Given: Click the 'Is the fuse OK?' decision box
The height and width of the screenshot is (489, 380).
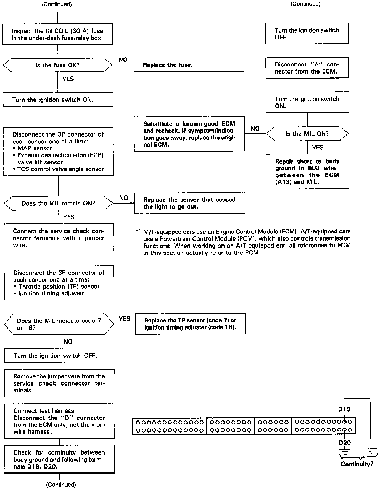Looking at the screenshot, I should click(x=57, y=65).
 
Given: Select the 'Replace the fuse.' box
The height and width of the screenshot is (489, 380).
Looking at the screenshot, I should click(x=189, y=65).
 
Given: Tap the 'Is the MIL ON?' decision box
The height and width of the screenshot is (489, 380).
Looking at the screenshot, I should click(x=307, y=134).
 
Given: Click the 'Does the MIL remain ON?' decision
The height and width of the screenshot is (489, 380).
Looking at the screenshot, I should click(x=58, y=204).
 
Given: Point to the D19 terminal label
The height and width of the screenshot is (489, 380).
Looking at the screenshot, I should click(x=344, y=409).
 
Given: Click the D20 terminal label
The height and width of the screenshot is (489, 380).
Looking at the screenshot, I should click(x=345, y=443).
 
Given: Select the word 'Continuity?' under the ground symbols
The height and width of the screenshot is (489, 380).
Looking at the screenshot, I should click(x=357, y=464).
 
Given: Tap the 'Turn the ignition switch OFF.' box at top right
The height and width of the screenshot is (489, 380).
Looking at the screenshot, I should click(x=307, y=33).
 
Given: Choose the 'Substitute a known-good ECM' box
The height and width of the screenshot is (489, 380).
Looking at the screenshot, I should click(x=189, y=134).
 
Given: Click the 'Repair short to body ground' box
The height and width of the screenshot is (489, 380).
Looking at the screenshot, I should click(x=307, y=171).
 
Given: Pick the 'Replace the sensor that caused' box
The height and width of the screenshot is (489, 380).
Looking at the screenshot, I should click(x=189, y=203).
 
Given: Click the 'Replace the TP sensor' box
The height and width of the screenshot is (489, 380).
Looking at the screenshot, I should click(x=190, y=324).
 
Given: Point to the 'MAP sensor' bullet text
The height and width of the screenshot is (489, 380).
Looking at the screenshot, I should click(x=35, y=148).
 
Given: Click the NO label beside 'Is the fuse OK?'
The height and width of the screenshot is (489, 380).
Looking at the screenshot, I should click(x=123, y=60).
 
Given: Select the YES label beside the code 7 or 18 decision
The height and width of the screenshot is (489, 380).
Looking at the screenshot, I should click(x=124, y=319).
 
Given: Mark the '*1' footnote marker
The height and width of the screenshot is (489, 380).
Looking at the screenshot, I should click(x=138, y=231).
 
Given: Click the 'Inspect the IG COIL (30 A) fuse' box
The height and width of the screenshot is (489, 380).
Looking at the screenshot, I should click(x=57, y=34).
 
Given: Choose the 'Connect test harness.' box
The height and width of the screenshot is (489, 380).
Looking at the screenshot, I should click(x=59, y=421).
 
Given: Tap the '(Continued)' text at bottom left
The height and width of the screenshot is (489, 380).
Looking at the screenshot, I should click(x=61, y=485).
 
